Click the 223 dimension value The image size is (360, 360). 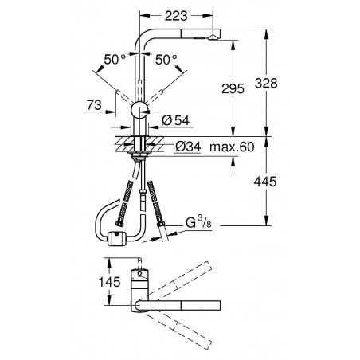[176, 16]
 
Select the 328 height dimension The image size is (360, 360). [266, 83]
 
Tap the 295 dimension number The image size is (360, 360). [233, 88]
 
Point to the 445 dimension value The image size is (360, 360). [265, 182]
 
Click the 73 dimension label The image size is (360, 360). [94, 105]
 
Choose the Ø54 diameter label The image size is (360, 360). [176, 120]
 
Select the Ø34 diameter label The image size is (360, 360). [188, 147]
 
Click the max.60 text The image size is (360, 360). [232, 147]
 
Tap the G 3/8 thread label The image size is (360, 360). [198, 222]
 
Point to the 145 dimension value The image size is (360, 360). [110, 282]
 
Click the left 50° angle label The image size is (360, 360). [115, 60]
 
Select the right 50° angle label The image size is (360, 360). [166, 60]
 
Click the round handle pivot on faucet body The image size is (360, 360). [139, 109]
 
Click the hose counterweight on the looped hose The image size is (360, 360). [116, 238]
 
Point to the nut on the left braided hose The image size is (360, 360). [119, 224]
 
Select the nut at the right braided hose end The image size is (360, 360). [161, 225]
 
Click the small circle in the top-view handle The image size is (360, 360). [139, 273]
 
